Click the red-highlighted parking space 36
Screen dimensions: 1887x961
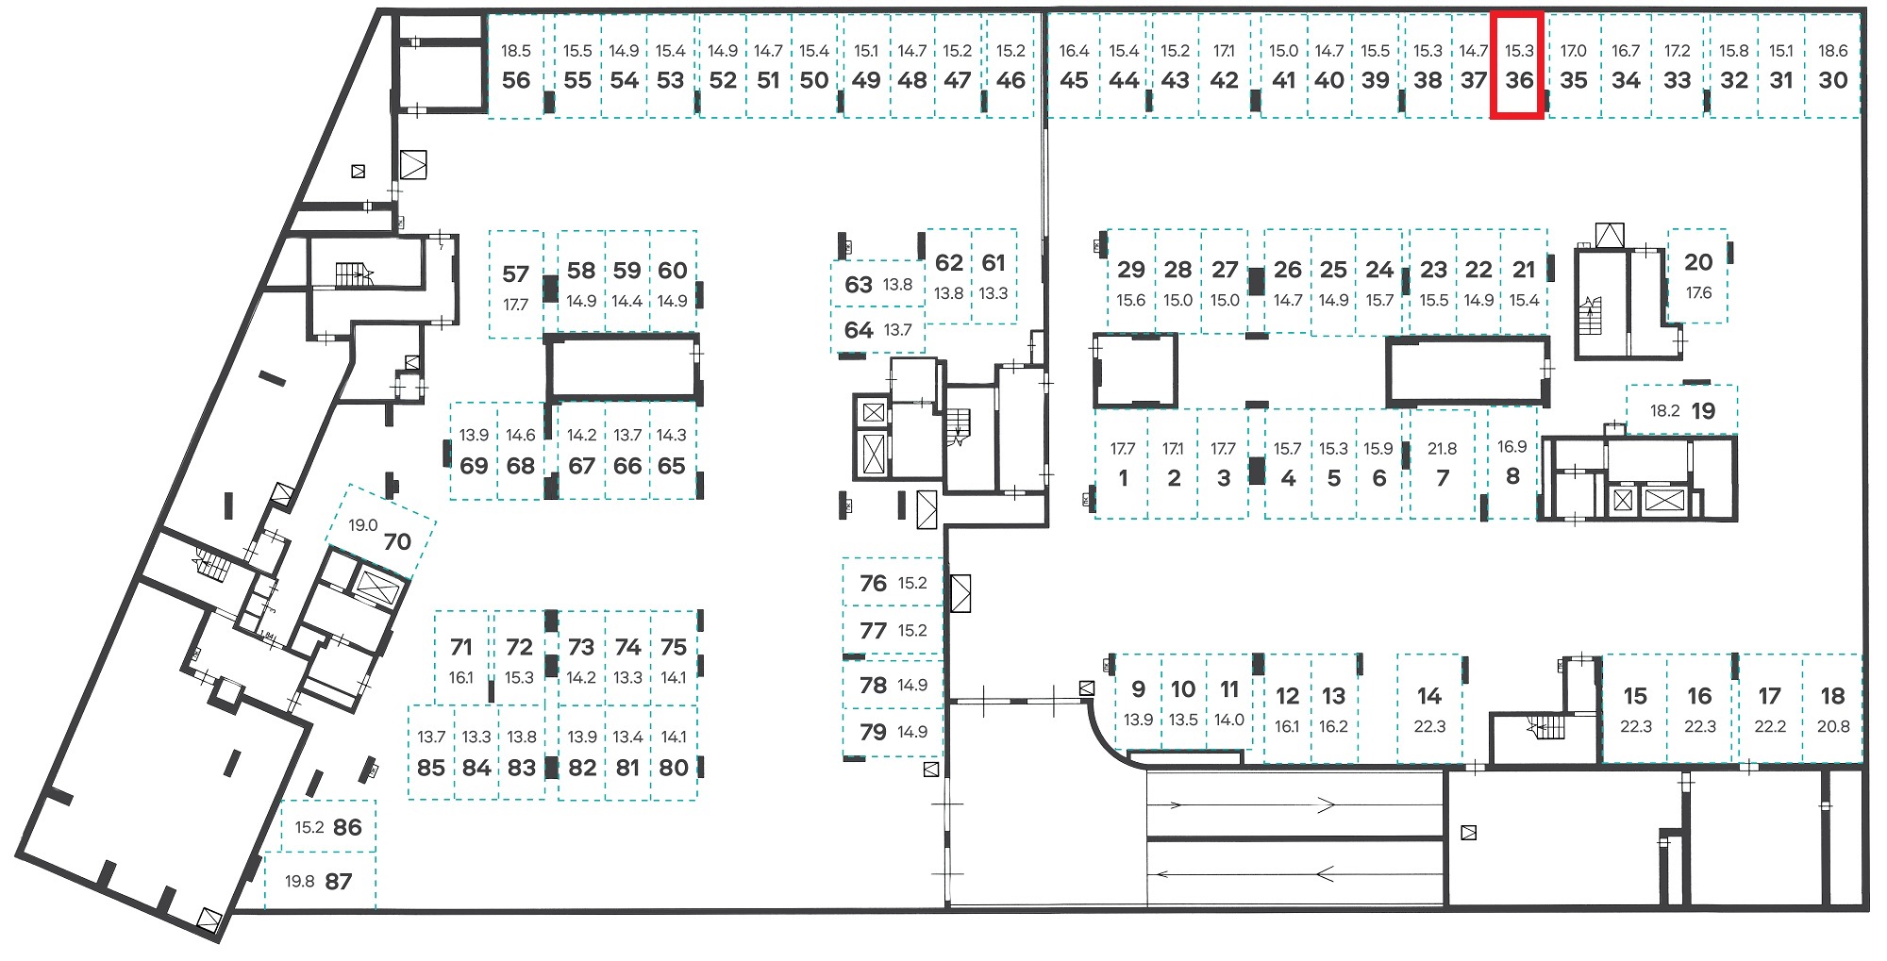click(x=1517, y=65)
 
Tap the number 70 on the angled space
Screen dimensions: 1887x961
click(x=397, y=541)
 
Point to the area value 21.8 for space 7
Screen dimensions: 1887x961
click(x=1442, y=449)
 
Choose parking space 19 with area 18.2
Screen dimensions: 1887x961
click(x=1682, y=410)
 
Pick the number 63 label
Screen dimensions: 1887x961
click(x=859, y=285)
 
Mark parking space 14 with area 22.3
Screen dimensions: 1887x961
click(x=1429, y=707)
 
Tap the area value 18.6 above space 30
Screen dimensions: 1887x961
click(x=1833, y=51)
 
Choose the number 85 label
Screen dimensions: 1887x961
click(x=431, y=768)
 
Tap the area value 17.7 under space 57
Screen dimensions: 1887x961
click(x=515, y=305)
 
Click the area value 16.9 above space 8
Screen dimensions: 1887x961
click(x=1511, y=447)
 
